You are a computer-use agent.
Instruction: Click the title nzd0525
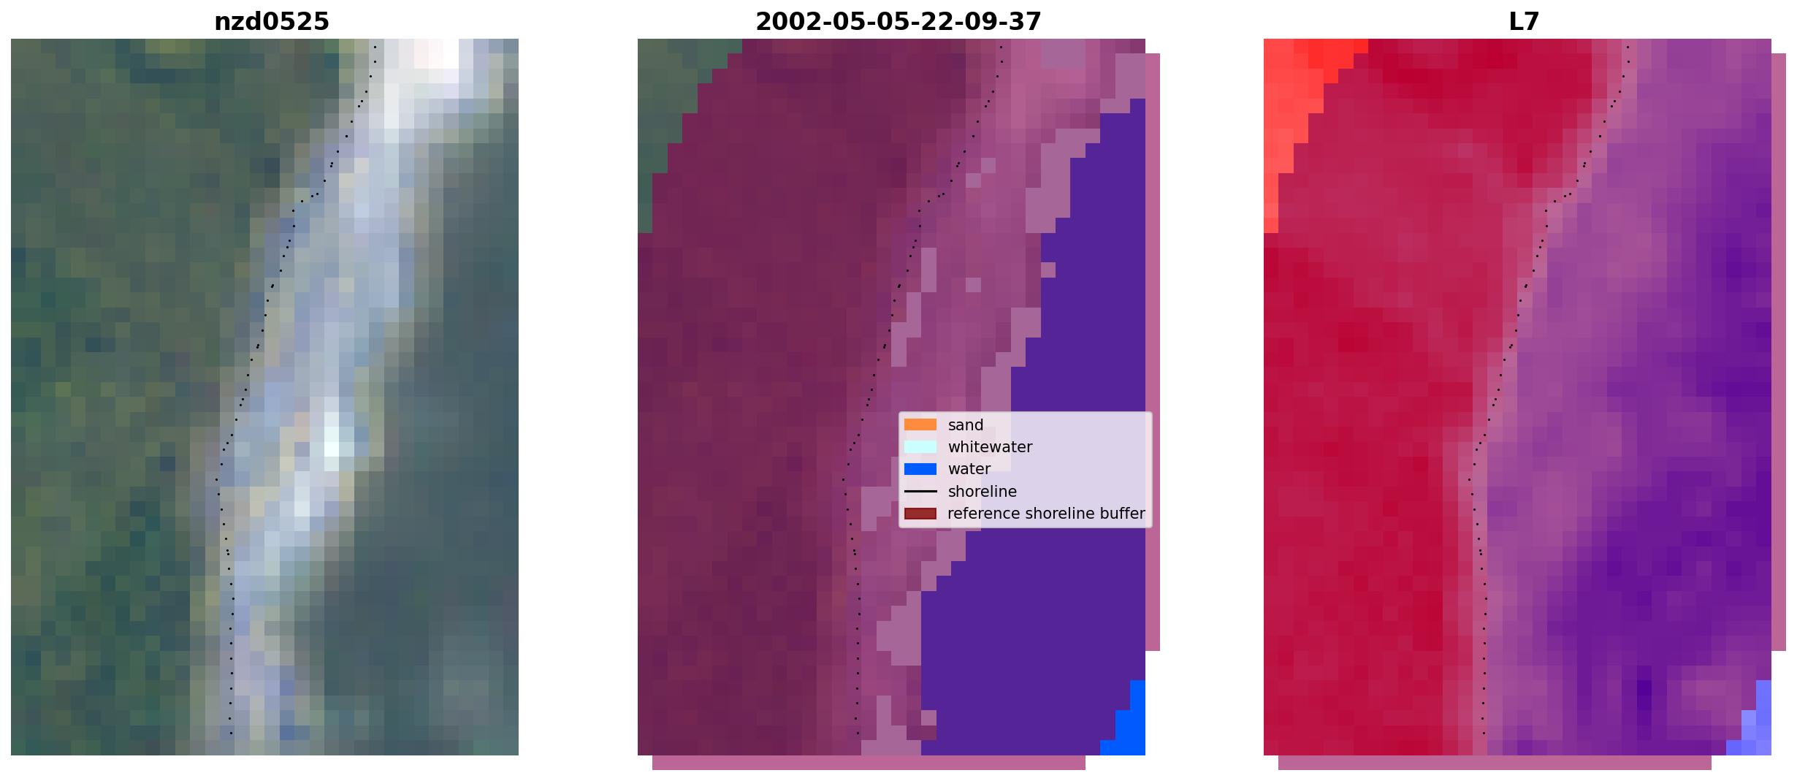tap(271, 22)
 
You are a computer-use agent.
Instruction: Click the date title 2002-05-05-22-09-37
tap(898, 22)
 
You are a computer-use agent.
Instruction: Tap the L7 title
tap(1524, 22)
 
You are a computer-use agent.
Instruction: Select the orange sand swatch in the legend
tap(920, 424)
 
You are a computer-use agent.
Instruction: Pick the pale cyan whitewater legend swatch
tap(920, 446)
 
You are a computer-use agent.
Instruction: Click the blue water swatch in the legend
tap(920, 469)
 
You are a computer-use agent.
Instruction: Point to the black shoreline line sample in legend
tap(920, 492)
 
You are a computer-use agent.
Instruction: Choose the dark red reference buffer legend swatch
tap(920, 514)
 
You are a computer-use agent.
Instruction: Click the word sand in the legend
tap(966, 425)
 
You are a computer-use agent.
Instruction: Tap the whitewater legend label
tap(990, 447)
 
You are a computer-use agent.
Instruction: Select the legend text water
tap(969, 469)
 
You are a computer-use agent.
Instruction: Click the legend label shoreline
tap(982, 492)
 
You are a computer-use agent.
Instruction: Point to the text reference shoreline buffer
tap(1046, 514)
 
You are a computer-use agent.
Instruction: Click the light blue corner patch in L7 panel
tap(1755, 723)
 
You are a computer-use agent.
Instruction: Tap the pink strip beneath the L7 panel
tap(1495, 763)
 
